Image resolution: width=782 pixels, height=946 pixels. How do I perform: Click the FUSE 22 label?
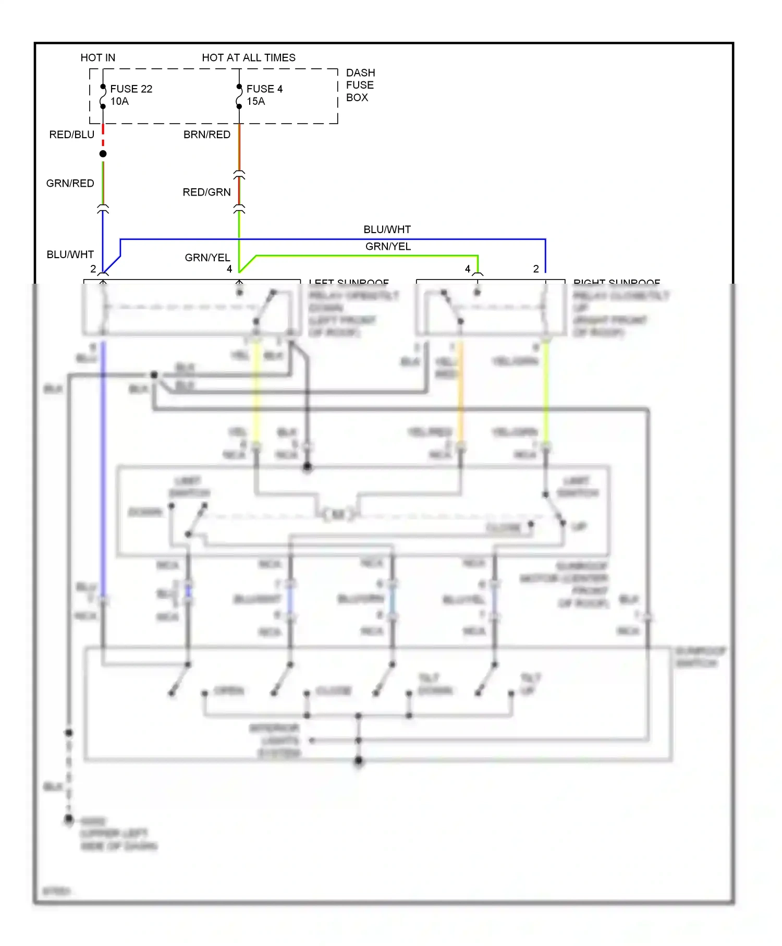tap(131, 89)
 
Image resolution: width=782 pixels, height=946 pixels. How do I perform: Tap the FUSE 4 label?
tap(264, 89)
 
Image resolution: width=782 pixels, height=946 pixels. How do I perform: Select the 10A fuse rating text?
tap(119, 101)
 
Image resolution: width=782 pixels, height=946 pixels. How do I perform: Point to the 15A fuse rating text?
tap(255, 101)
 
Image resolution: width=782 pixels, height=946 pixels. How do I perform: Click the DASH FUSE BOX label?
tap(360, 85)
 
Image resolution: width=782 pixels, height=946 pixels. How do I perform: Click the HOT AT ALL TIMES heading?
tap(248, 57)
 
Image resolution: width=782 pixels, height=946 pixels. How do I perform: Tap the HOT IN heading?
tap(97, 57)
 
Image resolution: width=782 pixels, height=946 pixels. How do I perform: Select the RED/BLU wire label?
tap(71, 135)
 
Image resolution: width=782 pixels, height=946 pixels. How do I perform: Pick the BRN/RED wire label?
tap(206, 135)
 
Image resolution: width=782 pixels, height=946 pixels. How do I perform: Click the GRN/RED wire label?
tap(70, 183)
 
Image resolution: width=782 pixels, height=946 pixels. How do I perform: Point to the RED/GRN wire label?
tap(206, 192)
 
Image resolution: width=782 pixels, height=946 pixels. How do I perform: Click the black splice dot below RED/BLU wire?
tap(103, 154)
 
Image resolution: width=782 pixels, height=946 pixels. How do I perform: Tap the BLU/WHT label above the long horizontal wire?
tap(387, 229)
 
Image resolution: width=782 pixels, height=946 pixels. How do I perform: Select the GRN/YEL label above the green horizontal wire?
tap(388, 246)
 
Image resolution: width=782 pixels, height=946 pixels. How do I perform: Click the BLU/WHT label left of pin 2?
tap(70, 254)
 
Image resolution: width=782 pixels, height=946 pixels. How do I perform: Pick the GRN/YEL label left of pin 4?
tap(207, 258)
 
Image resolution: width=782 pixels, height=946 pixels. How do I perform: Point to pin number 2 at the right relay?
tap(535, 269)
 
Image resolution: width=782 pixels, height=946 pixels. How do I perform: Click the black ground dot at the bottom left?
tap(68, 820)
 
